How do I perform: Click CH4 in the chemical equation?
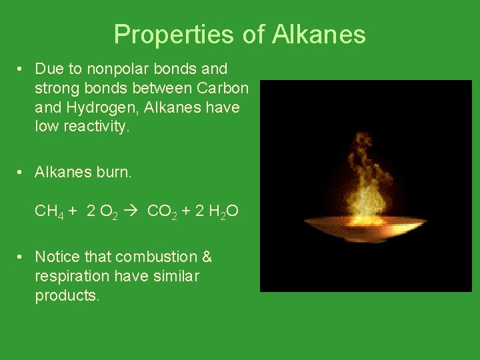click(48, 212)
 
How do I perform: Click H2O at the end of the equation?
click(223, 212)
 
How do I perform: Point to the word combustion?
click(155, 257)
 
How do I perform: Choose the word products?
click(67, 295)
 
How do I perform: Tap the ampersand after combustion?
click(207, 257)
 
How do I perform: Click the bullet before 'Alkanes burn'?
click(22, 172)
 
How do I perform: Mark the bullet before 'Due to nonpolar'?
click(22, 69)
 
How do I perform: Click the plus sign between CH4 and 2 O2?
click(71, 212)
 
